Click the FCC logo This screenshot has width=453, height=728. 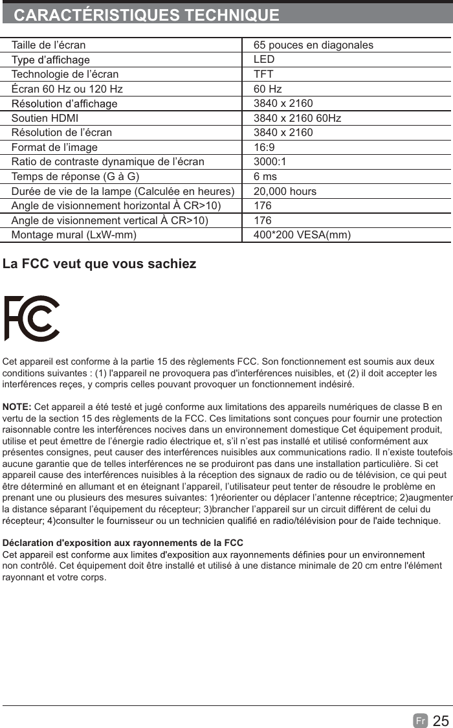coord(32,318)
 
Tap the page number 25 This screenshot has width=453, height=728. coord(441,721)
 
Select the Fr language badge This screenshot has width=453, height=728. coord(421,721)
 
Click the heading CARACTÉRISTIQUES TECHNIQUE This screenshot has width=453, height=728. coord(147,15)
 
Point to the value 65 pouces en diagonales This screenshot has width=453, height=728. coord(313,45)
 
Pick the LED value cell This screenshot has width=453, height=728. coord(264,60)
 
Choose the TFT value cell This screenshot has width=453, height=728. coord(263,74)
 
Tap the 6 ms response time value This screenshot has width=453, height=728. coord(265,177)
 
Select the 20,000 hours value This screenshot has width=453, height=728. coord(285,192)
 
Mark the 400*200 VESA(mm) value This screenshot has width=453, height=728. coord(302,234)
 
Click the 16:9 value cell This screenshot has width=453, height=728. coord(264,148)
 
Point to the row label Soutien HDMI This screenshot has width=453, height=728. coord(45,119)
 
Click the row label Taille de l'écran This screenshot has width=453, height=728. coord(49,45)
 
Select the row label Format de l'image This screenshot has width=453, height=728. coord(54,148)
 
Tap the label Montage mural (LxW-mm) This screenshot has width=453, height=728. coord(74,234)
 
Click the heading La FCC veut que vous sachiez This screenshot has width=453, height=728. coord(100,264)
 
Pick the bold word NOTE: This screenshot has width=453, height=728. coord(17,406)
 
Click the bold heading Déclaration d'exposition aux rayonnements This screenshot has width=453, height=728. coord(123,543)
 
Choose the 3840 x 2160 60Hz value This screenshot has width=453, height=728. coord(297,119)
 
